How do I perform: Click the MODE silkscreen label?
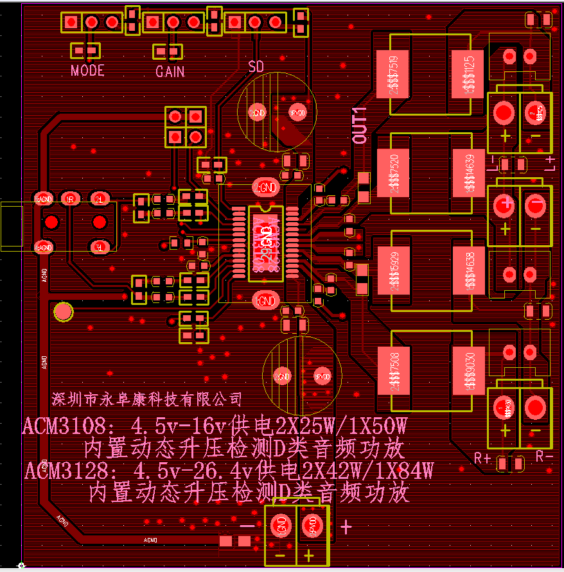(87, 70)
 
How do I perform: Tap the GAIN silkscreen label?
(170, 71)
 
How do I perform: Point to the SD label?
(256, 66)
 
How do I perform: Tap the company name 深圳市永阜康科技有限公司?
(146, 399)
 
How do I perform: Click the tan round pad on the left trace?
(63, 312)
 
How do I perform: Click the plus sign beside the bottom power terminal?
(346, 527)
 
